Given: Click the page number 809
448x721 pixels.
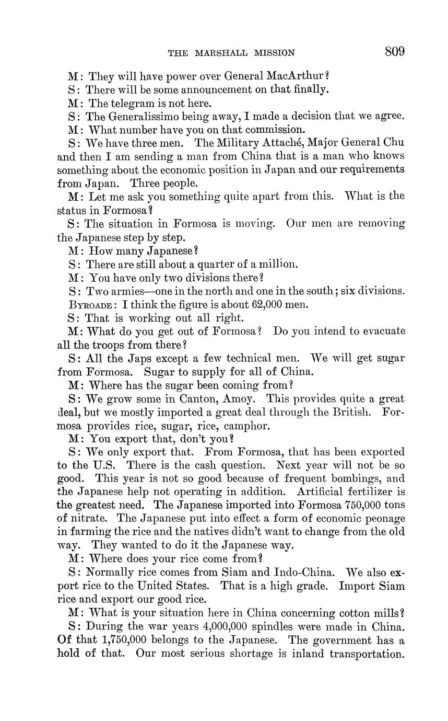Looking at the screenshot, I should pos(395,51).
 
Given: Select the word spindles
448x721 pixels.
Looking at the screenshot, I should pos(281,626).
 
